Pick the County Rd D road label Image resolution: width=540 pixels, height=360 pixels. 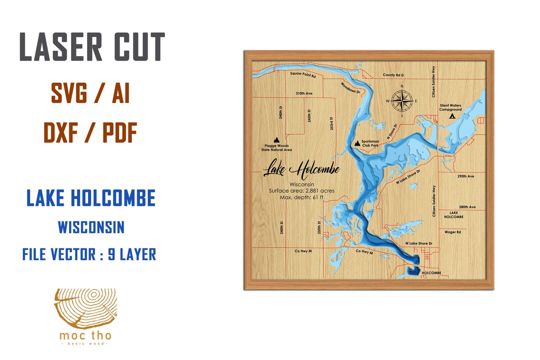click(x=393, y=75)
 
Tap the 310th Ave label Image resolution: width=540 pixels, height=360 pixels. click(x=303, y=93)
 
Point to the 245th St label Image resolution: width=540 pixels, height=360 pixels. click(x=310, y=117)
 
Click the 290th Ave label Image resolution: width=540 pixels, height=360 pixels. click(x=465, y=176)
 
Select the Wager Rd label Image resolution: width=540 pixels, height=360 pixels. click(x=452, y=232)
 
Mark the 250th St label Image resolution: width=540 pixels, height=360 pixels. click(x=318, y=228)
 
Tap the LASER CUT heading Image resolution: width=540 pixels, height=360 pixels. click(x=91, y=48)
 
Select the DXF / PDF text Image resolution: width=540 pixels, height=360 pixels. click(x=90, y=132)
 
